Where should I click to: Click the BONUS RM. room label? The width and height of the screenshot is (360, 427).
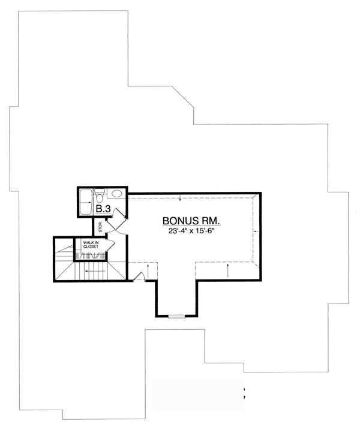[191, 221]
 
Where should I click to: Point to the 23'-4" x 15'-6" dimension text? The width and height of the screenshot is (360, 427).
[191, 231]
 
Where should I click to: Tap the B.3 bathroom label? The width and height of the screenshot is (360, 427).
[103, 209]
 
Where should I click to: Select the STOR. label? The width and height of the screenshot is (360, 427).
[100, 226]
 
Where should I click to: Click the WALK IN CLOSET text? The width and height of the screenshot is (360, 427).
[91, 245]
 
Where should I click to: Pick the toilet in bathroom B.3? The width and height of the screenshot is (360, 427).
[100, 195]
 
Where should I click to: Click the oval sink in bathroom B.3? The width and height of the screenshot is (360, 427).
[117, 194]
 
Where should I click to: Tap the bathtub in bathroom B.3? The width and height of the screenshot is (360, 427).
[86, 202]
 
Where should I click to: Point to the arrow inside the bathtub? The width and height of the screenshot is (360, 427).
[87, 202]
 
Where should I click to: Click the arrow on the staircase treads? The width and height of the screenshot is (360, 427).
[95, 271]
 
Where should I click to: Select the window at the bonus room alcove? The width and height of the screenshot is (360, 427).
[176, 317]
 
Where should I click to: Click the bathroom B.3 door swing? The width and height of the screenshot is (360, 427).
[119, 213]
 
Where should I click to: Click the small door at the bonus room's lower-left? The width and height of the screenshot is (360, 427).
[139, 276]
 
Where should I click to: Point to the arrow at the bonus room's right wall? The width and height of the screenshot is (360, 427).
[256, 231]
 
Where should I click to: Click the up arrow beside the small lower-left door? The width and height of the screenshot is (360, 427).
[148, 270]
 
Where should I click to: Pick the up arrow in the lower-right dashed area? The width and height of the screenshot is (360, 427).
[228, 270]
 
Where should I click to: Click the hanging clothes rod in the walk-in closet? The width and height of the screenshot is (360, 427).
[91, 256]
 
